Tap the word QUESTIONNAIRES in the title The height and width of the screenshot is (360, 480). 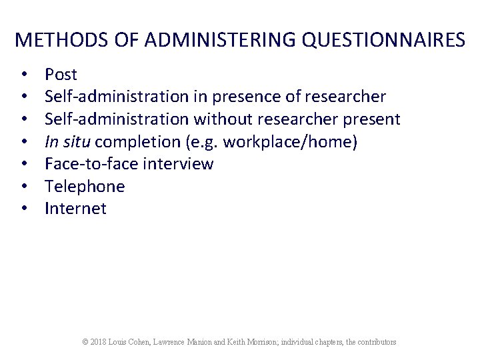point(383,40)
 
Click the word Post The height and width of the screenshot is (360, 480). point(61,75)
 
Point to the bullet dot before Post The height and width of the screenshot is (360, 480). point(23,75)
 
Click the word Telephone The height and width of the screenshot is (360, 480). point(85,186)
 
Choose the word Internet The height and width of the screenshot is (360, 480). point(75,209)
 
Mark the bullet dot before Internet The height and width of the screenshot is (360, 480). point(23,209)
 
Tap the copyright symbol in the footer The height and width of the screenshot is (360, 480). point(85,342)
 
